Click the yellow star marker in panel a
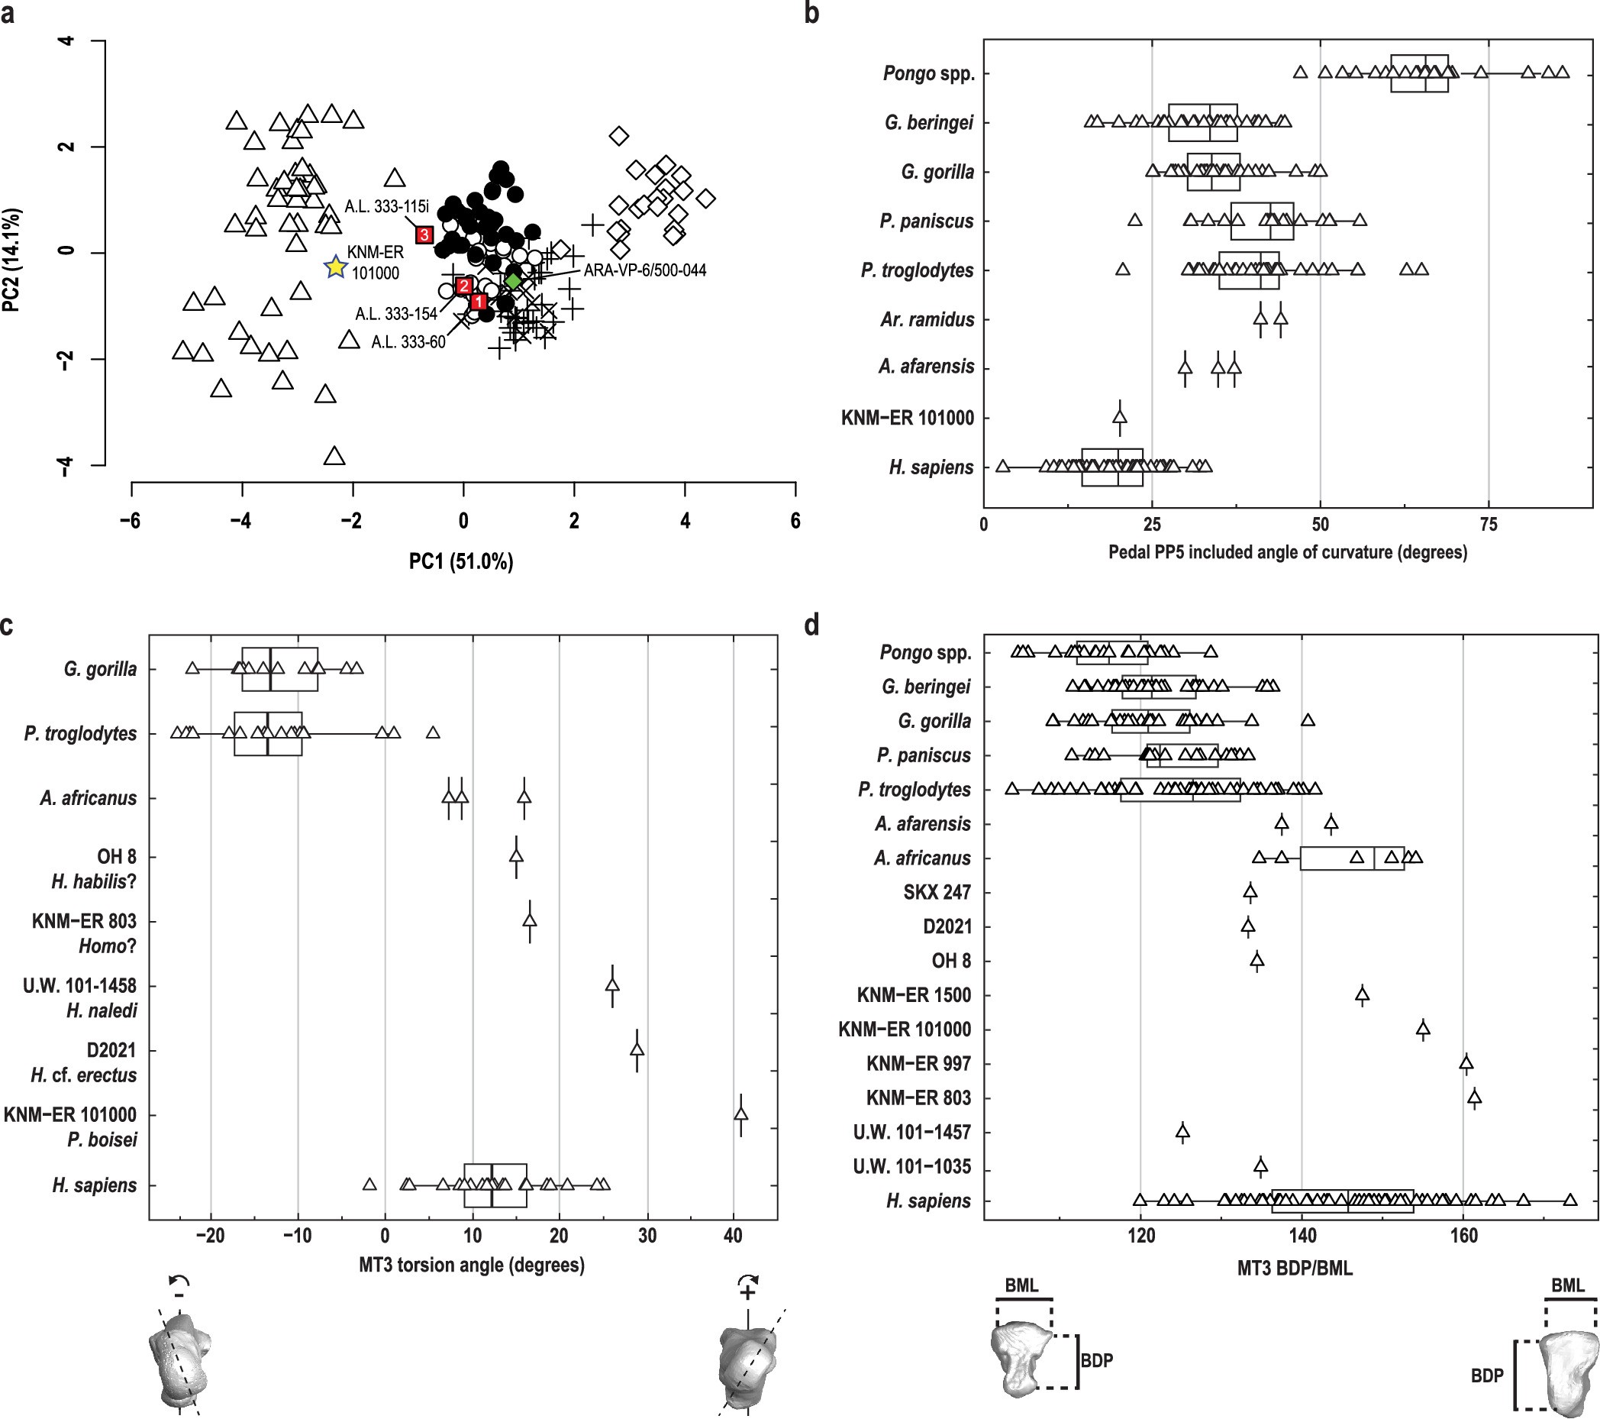coord(335,267)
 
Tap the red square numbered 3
coord(424,234)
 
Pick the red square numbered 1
coord(479,302)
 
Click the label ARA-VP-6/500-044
coord(645,270)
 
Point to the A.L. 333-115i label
coord(387,207)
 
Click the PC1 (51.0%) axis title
coord(461,561)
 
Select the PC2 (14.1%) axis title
coord(11,260)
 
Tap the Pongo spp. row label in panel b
coord(928,73)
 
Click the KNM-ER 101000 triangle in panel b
coord(1119,418)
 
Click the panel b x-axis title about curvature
coord(1288,552)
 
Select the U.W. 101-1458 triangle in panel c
coord(612,985)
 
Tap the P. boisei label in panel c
coord(102,1139)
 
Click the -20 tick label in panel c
coord(210,1236)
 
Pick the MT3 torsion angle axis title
coord(471,1265)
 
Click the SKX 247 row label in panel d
coord(936,892)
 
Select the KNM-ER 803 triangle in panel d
coord(1474,1097)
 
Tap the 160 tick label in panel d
coord(1464,1236)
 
